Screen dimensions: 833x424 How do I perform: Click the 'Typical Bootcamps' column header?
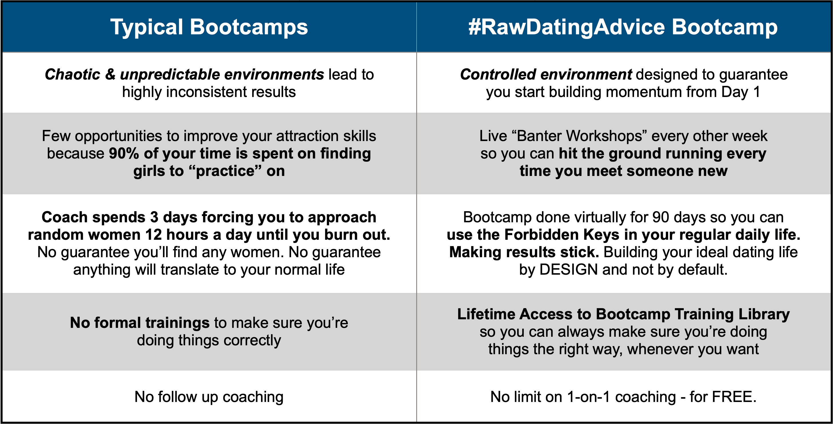click(x=209, y=27)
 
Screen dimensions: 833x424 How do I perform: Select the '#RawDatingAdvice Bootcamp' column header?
click(x=623, y=27)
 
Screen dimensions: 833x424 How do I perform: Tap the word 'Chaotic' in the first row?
click(x=72, y=74)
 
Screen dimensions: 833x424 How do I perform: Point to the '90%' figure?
click(x=124, y=153)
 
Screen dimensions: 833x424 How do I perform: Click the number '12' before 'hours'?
click(x=154, y=235)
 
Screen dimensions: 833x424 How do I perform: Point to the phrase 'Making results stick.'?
click(x=524, y=252)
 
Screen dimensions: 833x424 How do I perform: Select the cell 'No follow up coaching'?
click(x=209, y=397)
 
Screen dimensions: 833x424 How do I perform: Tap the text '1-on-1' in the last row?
click(x=589, y=397)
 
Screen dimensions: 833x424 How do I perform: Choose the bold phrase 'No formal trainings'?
click(x=140, y=323)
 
